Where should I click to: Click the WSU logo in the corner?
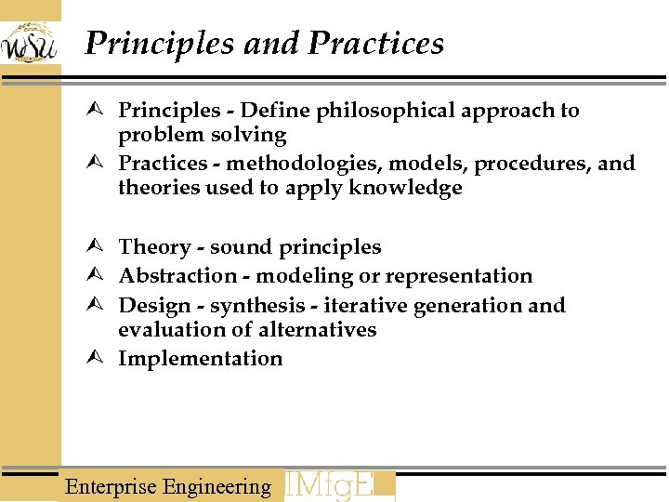click(x=30, y=43)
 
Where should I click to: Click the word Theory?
click(x=154, y=247)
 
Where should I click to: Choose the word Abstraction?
click(x=177, y=276)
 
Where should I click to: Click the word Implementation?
click(x=200, y=359)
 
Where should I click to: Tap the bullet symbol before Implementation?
click(x=101, y=359)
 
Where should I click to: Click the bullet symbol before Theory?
click(x=101, y=247)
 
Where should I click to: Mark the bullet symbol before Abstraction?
click(x=101, y=276)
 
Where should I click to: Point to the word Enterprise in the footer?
click(x=111, y=486)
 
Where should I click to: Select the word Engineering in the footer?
click(x=216, y=486)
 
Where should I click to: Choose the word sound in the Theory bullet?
click(x=234, y=247)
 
